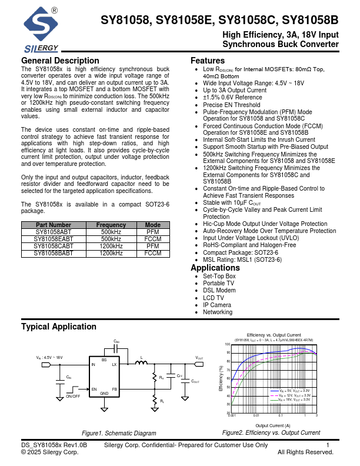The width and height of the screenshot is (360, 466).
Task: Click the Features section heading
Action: click(x=208, y=61)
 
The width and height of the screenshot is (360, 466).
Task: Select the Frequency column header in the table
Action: click(x=111, y=225)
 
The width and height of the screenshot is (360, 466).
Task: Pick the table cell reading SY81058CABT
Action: click(x=54, y=246)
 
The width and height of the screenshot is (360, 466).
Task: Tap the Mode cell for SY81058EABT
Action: click(x=153, y=239)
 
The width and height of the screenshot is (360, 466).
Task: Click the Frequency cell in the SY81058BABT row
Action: click(x=111, y=253)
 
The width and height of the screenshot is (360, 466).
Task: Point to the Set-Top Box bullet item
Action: click(x=219, y=276)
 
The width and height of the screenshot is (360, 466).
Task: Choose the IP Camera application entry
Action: click(x=216, y=305)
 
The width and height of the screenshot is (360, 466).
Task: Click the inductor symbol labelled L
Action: click(x=141, y=363)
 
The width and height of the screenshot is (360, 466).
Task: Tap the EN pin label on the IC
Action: click(x=94, y=390)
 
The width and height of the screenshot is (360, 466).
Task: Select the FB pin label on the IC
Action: click(x=115, y=390)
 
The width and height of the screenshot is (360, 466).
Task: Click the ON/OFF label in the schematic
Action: click(x=74, y=397)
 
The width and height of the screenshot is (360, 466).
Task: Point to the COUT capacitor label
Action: click(x=195, y=381)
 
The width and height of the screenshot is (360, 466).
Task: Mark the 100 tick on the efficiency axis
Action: click(x=228, y=344)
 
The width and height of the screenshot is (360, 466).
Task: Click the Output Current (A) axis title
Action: click(x=272, y=425)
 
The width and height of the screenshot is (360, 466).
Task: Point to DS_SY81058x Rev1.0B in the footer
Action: click(x=54, y=445)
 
